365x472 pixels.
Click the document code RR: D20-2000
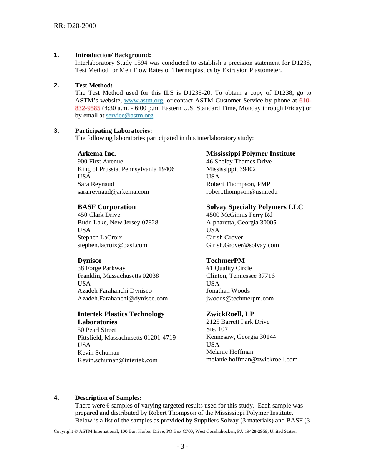75,26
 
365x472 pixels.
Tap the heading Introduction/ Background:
113,55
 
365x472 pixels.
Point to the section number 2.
56,85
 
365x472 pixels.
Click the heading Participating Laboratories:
113,131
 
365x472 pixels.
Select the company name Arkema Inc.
97,153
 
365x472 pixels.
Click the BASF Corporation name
106,207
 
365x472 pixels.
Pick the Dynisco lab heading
90,261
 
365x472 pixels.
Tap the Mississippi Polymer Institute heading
251,153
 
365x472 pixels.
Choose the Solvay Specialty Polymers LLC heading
254,207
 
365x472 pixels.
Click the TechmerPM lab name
225,261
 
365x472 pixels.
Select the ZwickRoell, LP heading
230,314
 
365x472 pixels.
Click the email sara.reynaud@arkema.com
113,191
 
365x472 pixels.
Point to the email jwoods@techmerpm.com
240,298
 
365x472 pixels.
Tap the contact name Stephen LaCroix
100,238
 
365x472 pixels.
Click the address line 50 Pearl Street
97,330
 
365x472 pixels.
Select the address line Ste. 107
217,329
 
